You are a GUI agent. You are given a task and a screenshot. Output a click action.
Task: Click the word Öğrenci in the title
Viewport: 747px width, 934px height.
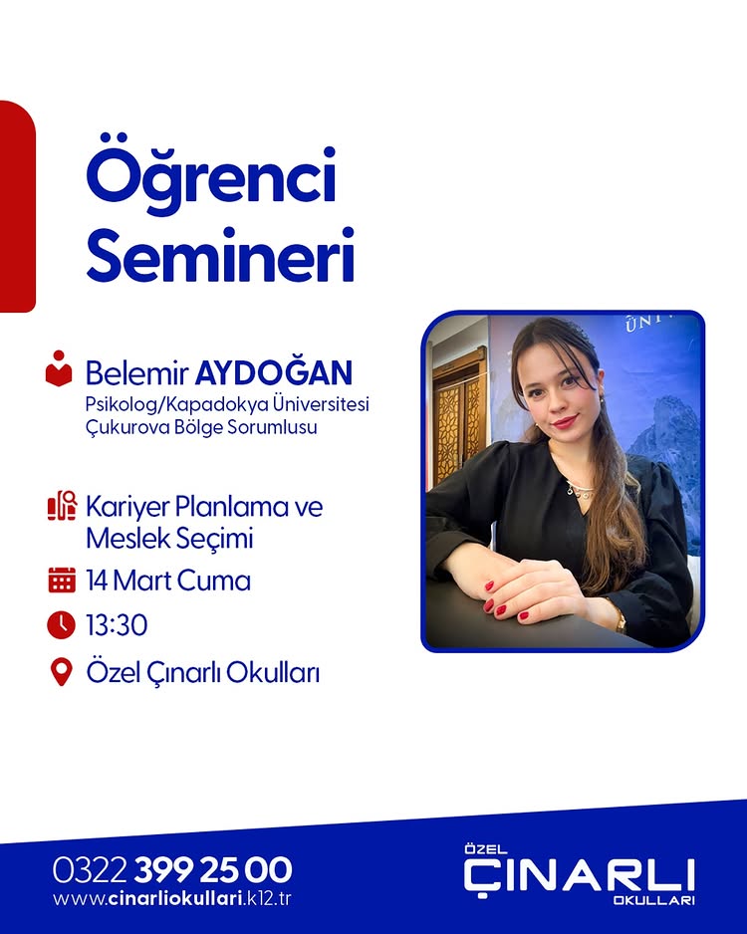tap(211, 179)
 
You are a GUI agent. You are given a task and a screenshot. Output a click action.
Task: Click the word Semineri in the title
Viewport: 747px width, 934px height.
tap(220, 256)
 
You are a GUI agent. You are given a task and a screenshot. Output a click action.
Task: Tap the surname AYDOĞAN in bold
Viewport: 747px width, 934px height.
tap(274, 373)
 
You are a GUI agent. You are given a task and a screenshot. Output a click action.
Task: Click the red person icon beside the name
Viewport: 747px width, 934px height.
tap(60, 368)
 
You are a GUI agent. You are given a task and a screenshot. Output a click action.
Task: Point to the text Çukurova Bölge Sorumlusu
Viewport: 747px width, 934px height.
tap(206, 427)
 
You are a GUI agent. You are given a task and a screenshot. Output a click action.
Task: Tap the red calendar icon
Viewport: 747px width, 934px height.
tap(61, 580)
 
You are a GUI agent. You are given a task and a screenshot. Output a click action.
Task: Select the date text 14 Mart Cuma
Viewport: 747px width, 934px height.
tap(167, 580)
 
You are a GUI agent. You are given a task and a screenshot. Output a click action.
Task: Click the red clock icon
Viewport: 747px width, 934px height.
tap(61, 624)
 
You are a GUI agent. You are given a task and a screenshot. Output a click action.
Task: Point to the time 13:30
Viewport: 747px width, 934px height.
tap(117, 625)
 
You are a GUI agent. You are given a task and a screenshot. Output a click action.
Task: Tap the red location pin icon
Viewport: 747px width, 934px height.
tap(61, 672)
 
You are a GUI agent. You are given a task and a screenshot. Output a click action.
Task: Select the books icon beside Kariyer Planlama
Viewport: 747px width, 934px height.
tap(61, 506)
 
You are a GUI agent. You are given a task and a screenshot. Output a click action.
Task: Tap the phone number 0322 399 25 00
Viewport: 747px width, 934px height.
tap(172, 870)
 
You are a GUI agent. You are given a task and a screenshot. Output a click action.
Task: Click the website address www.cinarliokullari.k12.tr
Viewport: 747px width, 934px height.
tap(172, 899)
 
